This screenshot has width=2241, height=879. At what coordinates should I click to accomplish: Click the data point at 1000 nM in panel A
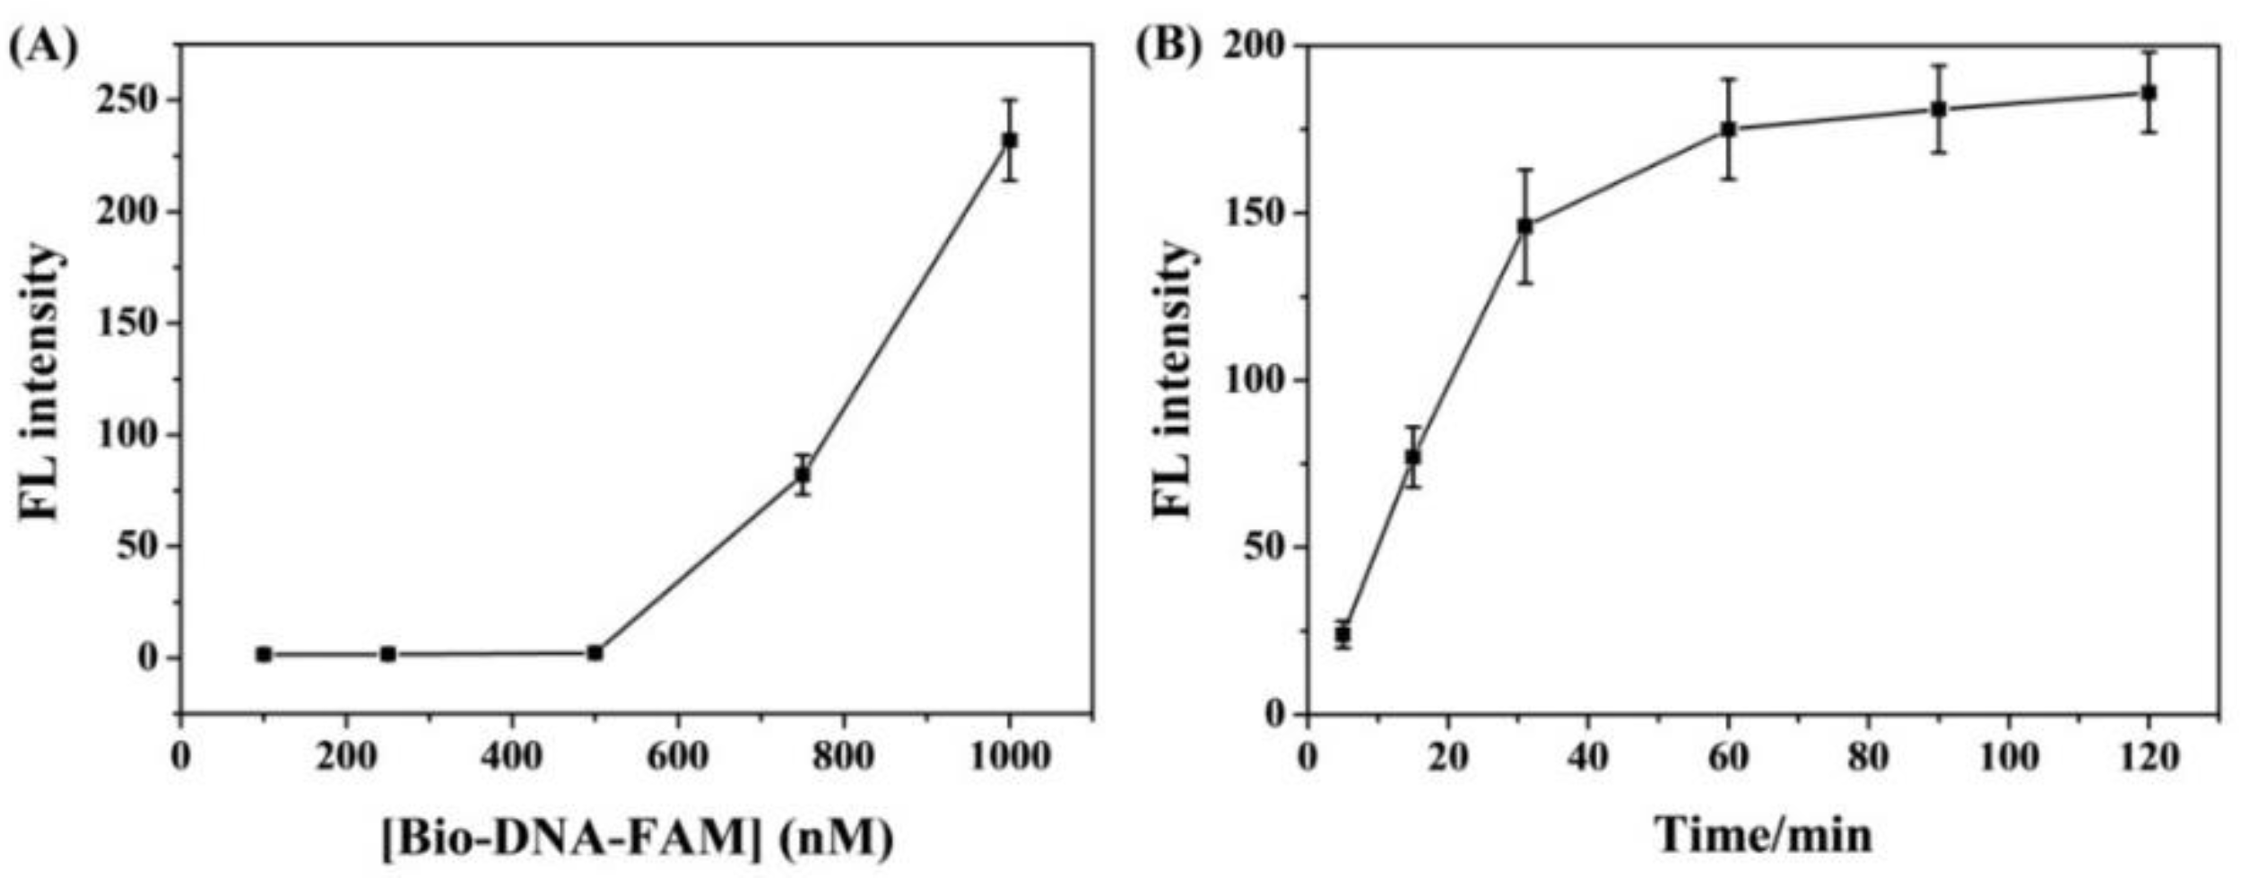click(1010, 141)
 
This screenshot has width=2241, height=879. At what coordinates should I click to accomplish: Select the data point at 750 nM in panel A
click(803, 474)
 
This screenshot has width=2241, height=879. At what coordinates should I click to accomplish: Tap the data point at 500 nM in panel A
click(595, 653)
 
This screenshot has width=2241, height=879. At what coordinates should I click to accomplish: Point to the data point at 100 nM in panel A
click(264, 655)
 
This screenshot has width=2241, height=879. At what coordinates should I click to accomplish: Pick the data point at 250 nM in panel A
click(388, 655)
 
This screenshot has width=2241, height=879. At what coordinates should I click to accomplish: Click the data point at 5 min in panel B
click(1342, 634)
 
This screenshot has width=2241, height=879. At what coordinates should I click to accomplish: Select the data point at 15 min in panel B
click(1413, 457)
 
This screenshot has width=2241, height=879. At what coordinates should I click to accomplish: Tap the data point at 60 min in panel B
click(1728, 129)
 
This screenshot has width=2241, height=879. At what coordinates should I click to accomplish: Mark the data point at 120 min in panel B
click(2149, 92)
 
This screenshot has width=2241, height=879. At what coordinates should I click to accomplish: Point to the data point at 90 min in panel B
click(1939, 109)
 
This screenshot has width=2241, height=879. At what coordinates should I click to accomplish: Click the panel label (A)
click(43, 45)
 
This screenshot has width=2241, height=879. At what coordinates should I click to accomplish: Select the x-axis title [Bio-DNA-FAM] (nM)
click(638, 837)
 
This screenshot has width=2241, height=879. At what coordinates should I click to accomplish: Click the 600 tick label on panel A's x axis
click(677, 757)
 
